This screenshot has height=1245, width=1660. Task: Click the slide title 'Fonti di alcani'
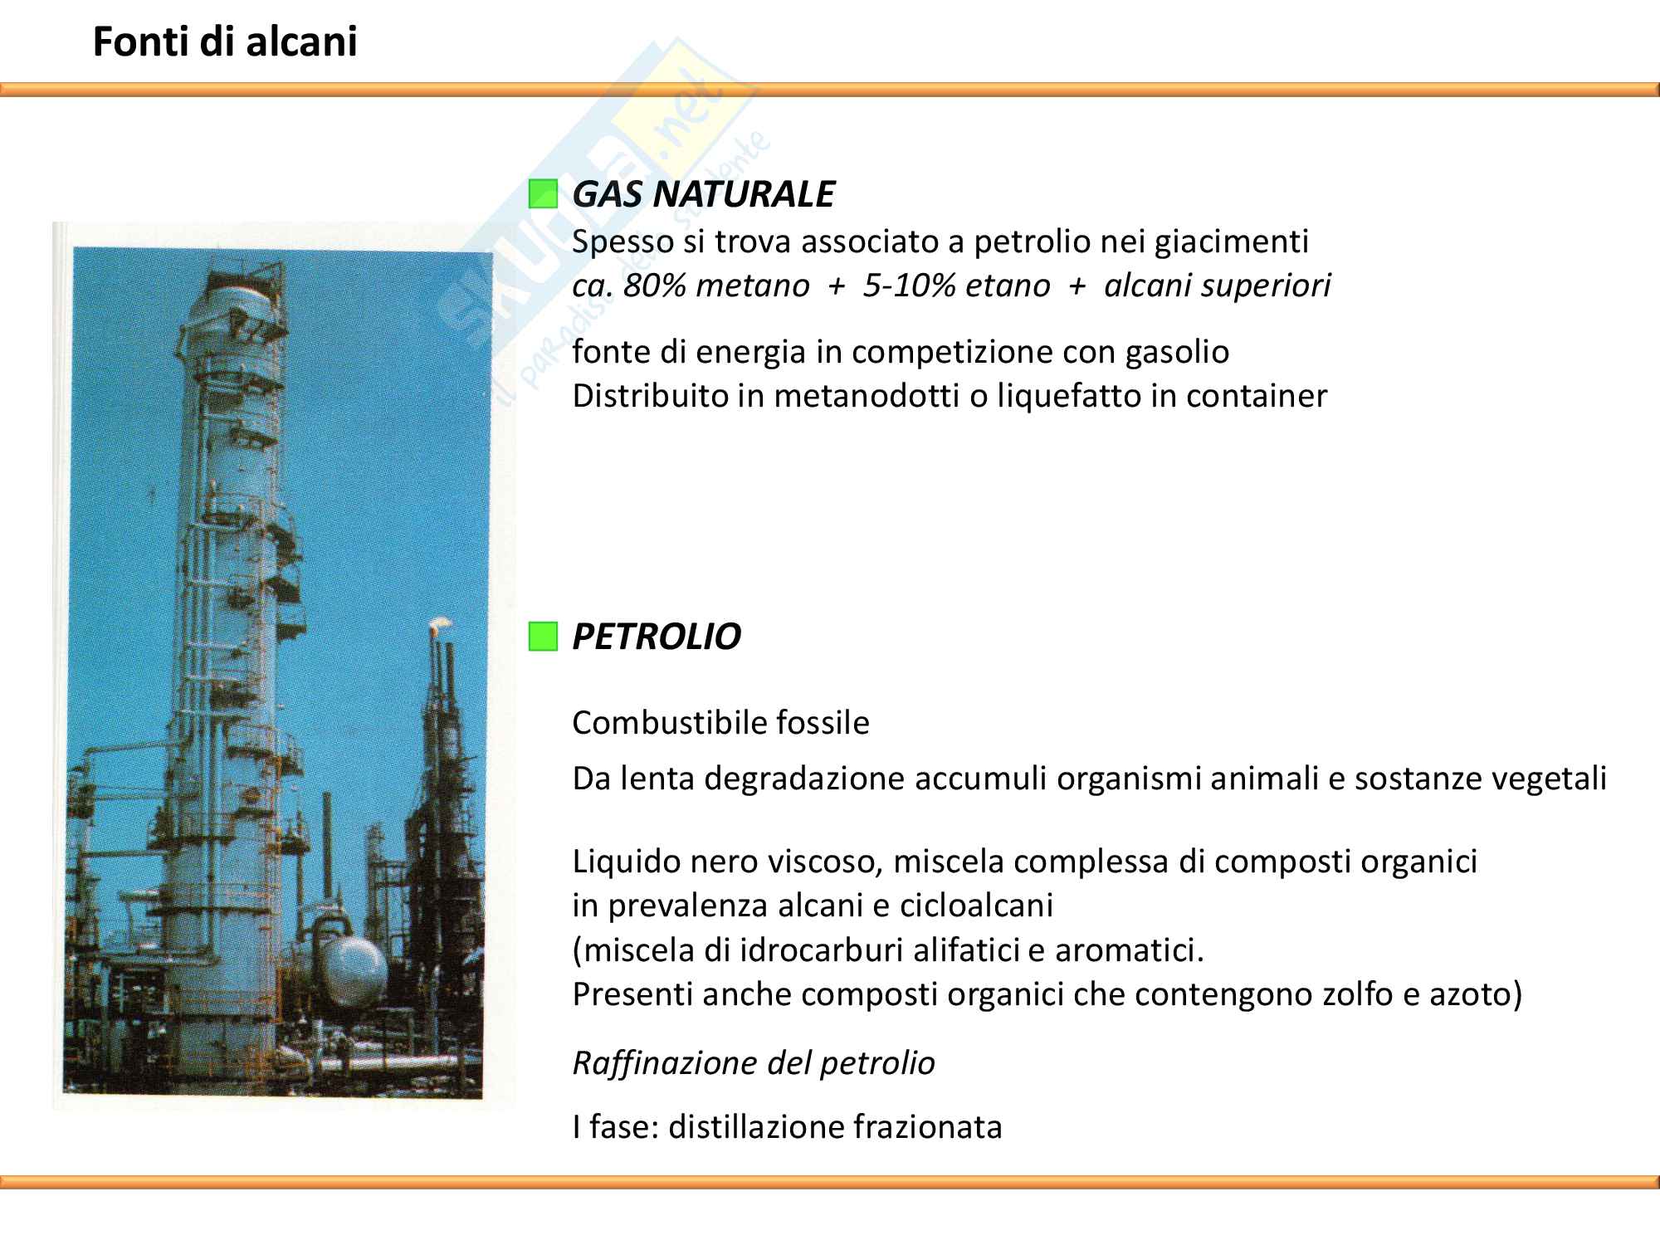(x=225, y=41)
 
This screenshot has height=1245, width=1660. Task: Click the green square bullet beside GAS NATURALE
(x=543, y=194)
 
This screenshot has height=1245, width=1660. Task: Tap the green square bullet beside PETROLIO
(x=543, y=637)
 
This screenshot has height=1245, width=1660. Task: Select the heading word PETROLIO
(x=657, y=637)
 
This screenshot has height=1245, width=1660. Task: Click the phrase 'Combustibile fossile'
(x=720, y=723)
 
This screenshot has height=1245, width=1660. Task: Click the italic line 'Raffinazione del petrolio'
(x=754, y=1063)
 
